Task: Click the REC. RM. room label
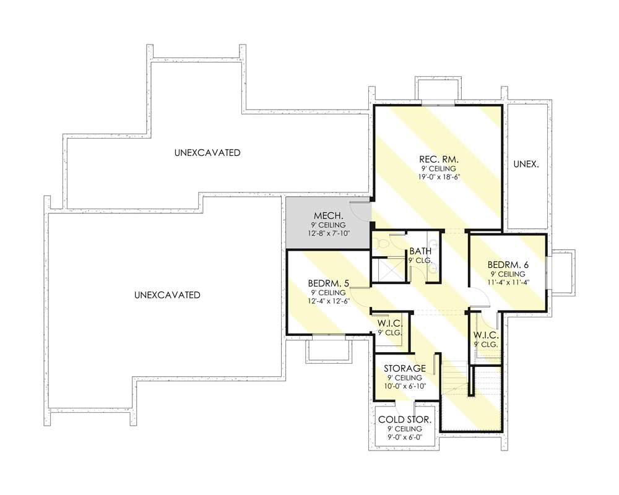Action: [x=438, y=159]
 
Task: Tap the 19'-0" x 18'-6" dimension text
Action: [x=438, y=177]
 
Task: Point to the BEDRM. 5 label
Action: [x=329, y=283]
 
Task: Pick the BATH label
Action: [x=420, y=252]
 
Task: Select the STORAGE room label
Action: [x=405, y=369]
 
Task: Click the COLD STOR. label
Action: [x=405, y=420]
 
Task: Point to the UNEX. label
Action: [x=526, y=165]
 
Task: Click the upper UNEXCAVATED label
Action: [x=207, y=152]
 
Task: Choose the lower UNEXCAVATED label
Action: [x=167, y=295]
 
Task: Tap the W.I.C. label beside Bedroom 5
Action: [x=391, y=324]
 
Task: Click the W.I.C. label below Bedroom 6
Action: [x=486, y=335]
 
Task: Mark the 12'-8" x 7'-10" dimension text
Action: [x=329, y=233]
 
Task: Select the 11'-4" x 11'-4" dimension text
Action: [x=508, y=283]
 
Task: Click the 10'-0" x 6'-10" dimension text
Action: [x=405, y=387]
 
